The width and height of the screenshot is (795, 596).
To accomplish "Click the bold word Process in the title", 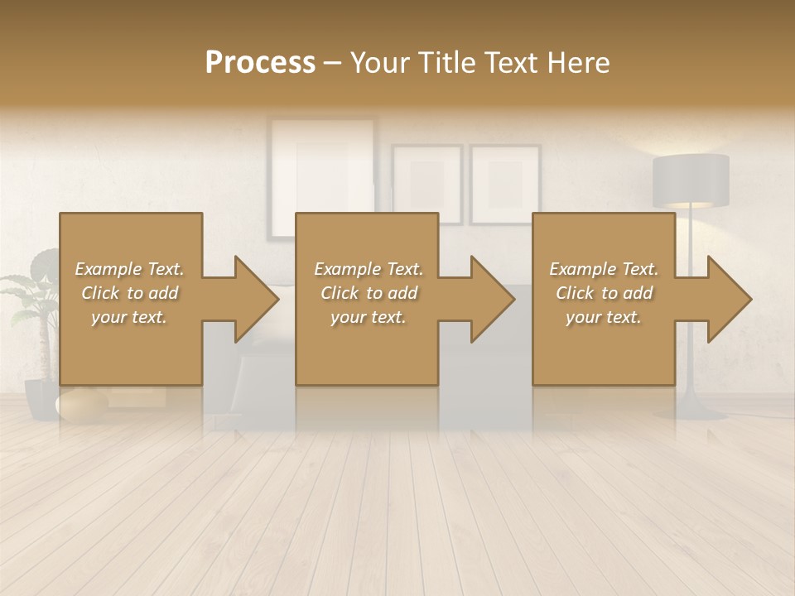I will pyautogui.click(x=260, y=63).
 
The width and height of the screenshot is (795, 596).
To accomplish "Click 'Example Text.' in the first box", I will pyautogui.click(x=129, y=269).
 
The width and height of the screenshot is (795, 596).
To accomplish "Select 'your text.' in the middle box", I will pyautogui.click(x=368, y=317).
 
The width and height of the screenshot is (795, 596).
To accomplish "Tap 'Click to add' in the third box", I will pyautogui.click(x=604, y=293).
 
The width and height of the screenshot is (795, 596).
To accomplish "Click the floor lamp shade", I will pyautogui.click(x=691, y=180).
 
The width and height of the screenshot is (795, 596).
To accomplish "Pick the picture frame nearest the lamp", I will pyautogui.click(x=504, y=184).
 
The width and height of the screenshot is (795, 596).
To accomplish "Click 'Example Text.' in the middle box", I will pyautogui.click(x=368, y=269).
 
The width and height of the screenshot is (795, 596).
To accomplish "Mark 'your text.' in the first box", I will pyautogui.click(x=129, y=317).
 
